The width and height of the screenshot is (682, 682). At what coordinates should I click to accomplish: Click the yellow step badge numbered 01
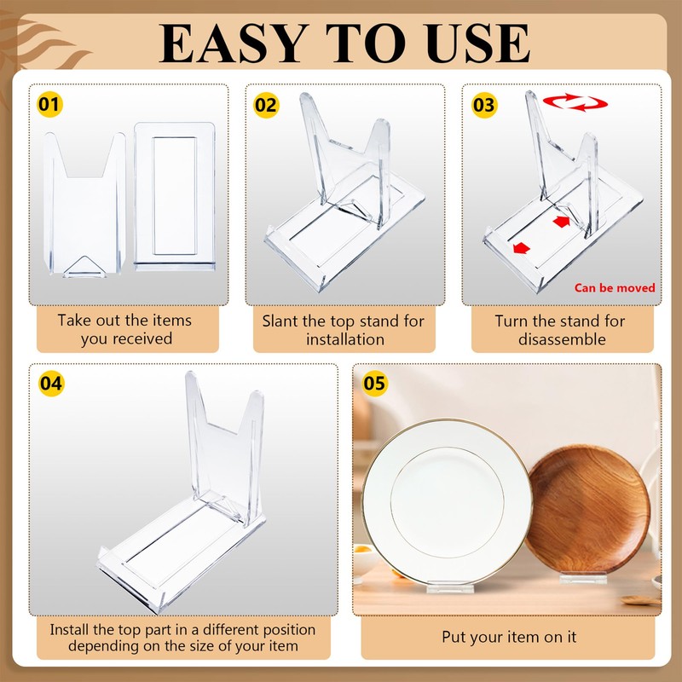tap(49, 104)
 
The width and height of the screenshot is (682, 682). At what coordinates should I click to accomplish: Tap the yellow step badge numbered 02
tap(266, 105)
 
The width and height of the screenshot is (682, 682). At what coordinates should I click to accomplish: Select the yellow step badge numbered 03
tap(484, 105)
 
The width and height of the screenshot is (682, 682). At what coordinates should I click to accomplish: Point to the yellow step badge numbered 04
tap(51, 384)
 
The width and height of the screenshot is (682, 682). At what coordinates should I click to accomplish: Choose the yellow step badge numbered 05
tap(374, 383)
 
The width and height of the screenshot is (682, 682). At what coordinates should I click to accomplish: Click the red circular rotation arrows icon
tap(575, 102)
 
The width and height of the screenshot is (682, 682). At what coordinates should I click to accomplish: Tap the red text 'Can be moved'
tap(614, 288)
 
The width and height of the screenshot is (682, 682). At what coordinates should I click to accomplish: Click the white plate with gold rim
tap(447, 502)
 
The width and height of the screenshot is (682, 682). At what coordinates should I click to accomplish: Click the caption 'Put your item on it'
tap(509, 637)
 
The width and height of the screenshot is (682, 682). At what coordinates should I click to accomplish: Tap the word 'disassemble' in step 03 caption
tap(562, 339)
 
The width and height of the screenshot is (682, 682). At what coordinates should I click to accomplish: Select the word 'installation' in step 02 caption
tap(345, 339)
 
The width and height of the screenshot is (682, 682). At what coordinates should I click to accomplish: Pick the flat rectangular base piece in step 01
tap(175, 197)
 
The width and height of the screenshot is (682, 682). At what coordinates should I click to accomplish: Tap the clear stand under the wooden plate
tap(583, 578)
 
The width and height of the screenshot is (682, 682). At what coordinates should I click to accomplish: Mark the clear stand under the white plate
tap(450, 588)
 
